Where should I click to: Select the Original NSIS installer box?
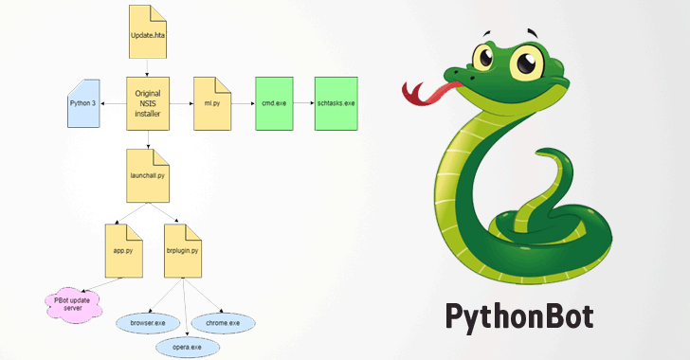tap(147, 103)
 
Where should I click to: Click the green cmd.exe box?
tap(273, 103)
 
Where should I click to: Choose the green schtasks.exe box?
tap(336, 103)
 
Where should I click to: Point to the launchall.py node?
tap(147, 174)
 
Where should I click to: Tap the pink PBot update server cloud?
tap(68, 304)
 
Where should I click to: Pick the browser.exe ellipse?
tap(148, 323)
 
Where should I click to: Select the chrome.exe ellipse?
tap(223, 323)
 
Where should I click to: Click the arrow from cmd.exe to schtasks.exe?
tap(303, 103)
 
